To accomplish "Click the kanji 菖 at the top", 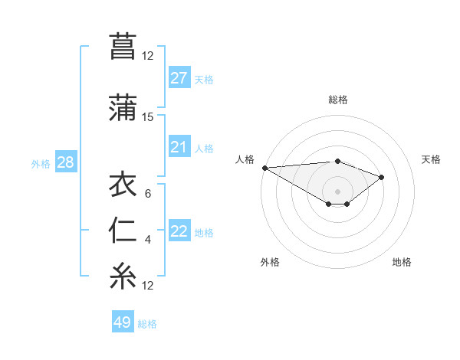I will pyautogui.click(x=123, y=46).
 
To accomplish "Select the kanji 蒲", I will pyautogui.click(x=123, y=107).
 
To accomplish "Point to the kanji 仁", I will pyautogui.click(x=123, y=231).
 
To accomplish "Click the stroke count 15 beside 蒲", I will pyautogui.click(x=147, y=117).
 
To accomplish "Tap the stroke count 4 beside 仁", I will pyautogui.click(x=147, y=240).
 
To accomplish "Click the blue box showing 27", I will pyautogui.click(x=179, y=78).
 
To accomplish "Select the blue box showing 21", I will pyautogui.click(x=179, y=147).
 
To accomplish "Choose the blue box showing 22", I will pyautogui.click(x=179, y=231).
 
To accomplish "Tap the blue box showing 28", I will pyautogui.click(x=65, y=162).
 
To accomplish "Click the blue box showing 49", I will pyautogui.click(x=122, y=322).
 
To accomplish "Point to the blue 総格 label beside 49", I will pyautogui.click(x=147, y=324).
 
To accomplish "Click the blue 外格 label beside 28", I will pyautogui.click(x=41, y=163).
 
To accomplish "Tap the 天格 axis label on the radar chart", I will pyautogui.click(x=431, y=159).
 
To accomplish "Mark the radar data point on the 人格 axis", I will pyautogui.click(x=264, y=168).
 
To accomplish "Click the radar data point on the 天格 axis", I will pyautogui.click(x=381, y=177).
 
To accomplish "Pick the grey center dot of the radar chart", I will pyautogui.click(x=337, y=191).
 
